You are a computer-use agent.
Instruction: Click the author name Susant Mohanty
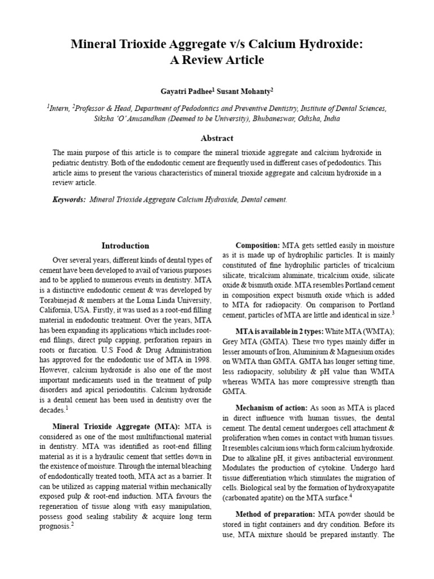click(x=249, y=90)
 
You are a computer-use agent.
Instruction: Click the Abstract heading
click(x=217, y=138)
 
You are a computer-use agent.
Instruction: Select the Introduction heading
click(x=125, y=246)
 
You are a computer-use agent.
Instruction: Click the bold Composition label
click(x=258, y=245)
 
